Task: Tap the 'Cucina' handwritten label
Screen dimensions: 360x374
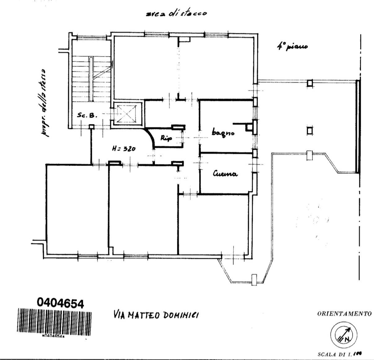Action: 225,174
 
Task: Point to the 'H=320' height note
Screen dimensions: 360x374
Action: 124,149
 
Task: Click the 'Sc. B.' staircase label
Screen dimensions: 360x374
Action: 88,115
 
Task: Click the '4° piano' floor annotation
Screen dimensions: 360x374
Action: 292,47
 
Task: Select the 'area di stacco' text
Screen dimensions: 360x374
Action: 176,14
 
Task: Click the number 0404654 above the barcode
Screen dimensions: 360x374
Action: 60,303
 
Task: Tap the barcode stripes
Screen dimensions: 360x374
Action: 54,322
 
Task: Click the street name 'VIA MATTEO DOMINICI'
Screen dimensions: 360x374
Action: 156,315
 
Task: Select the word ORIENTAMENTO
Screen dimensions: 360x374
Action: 344,314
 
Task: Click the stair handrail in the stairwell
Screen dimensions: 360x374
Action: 91,79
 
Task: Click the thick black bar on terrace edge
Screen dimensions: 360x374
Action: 358,127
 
